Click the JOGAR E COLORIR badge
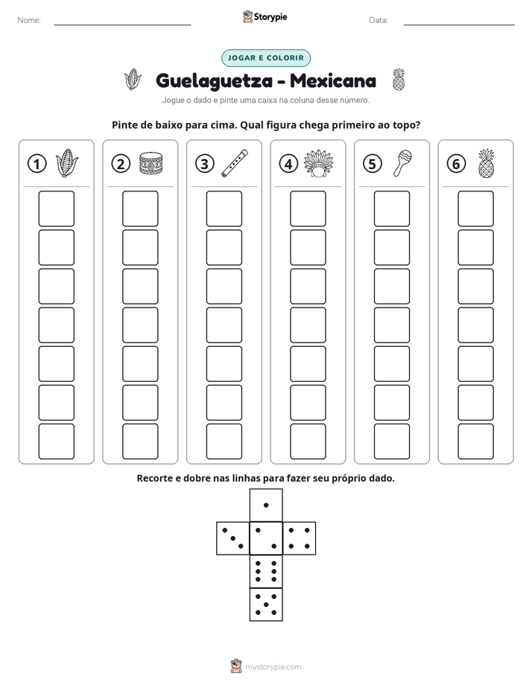pos(265,58)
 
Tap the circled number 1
pos(37,164)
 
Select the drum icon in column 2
pos(151,164)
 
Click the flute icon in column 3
pos(235,163)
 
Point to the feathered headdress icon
pos(319,163)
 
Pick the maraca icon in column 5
pos(402,163)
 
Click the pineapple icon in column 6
pos(487,163)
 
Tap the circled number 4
pos(288,164)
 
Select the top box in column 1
pos(56,208)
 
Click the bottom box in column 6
pos(476,442)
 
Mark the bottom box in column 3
pos(224,442)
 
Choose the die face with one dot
pos(266,505)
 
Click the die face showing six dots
pos(266,571)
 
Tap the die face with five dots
pos(266,605)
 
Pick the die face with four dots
pos(299,538)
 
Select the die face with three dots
pos(233,538)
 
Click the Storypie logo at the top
pos(265,16)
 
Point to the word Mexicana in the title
pos(333,80)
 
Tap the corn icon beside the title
pos(133,80)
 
